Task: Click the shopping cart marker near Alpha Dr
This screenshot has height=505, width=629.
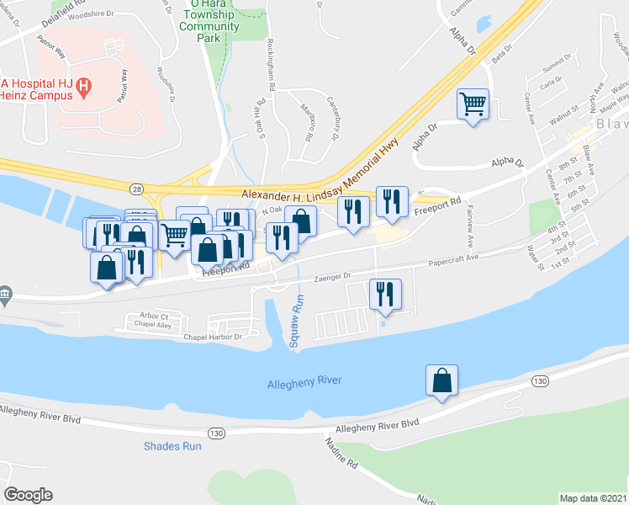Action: [x=473, y=105]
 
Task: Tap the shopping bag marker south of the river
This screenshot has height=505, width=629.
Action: [x=441, y=380]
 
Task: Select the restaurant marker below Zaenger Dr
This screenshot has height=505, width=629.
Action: [x=385, y=294]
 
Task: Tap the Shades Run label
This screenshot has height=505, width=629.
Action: [x=172, y=446]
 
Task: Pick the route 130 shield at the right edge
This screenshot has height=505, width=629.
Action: [x=541, y=381]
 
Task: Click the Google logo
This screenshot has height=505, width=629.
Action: [x=28, y=495]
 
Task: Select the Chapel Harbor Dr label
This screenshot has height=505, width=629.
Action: [x=213, y=338]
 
